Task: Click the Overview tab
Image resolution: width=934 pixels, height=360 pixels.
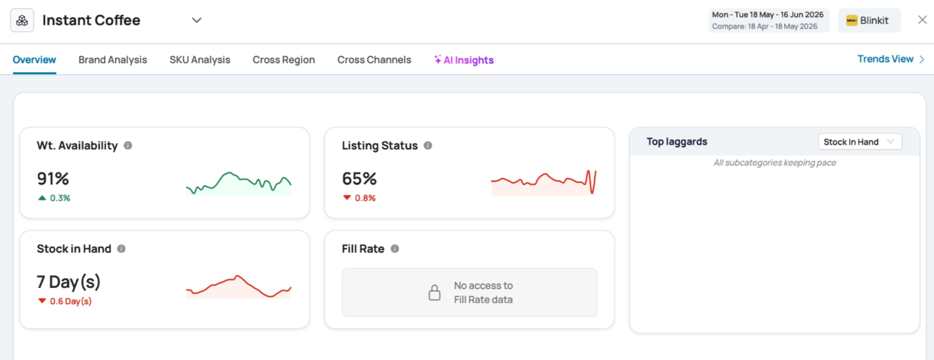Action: point(34,60)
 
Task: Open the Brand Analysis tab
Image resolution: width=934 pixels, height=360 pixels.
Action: point(112,60)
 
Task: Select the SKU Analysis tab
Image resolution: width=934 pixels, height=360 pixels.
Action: point(200,60)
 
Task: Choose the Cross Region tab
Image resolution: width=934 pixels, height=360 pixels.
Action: point(284,60)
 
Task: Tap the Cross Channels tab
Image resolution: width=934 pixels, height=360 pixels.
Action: point(374,60)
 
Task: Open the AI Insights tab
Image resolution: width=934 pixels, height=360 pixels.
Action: point(464,60)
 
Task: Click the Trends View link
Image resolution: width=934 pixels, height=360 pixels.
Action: point(891,59)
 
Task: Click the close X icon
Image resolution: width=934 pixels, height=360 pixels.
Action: point(922,20)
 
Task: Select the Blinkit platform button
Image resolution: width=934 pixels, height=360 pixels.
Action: point(870,21)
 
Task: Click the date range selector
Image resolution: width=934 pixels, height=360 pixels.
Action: point(769,21)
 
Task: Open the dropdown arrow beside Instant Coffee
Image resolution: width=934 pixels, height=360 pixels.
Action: point(196,20)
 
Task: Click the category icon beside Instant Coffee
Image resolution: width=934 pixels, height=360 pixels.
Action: point(22,21)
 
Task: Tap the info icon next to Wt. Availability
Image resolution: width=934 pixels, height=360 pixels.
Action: point(128,146)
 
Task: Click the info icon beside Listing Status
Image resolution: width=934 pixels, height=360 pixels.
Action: point(428,146)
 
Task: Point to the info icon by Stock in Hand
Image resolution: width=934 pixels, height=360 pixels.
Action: point(121,249)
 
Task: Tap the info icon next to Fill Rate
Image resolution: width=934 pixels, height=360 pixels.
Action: point(395,249)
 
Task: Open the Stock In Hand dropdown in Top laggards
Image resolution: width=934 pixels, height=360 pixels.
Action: point(860,141)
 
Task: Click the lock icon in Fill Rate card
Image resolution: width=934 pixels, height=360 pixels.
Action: point(434,293)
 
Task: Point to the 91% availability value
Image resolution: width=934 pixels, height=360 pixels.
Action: point(53,178)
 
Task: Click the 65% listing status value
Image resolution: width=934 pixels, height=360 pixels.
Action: point(359,178)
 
